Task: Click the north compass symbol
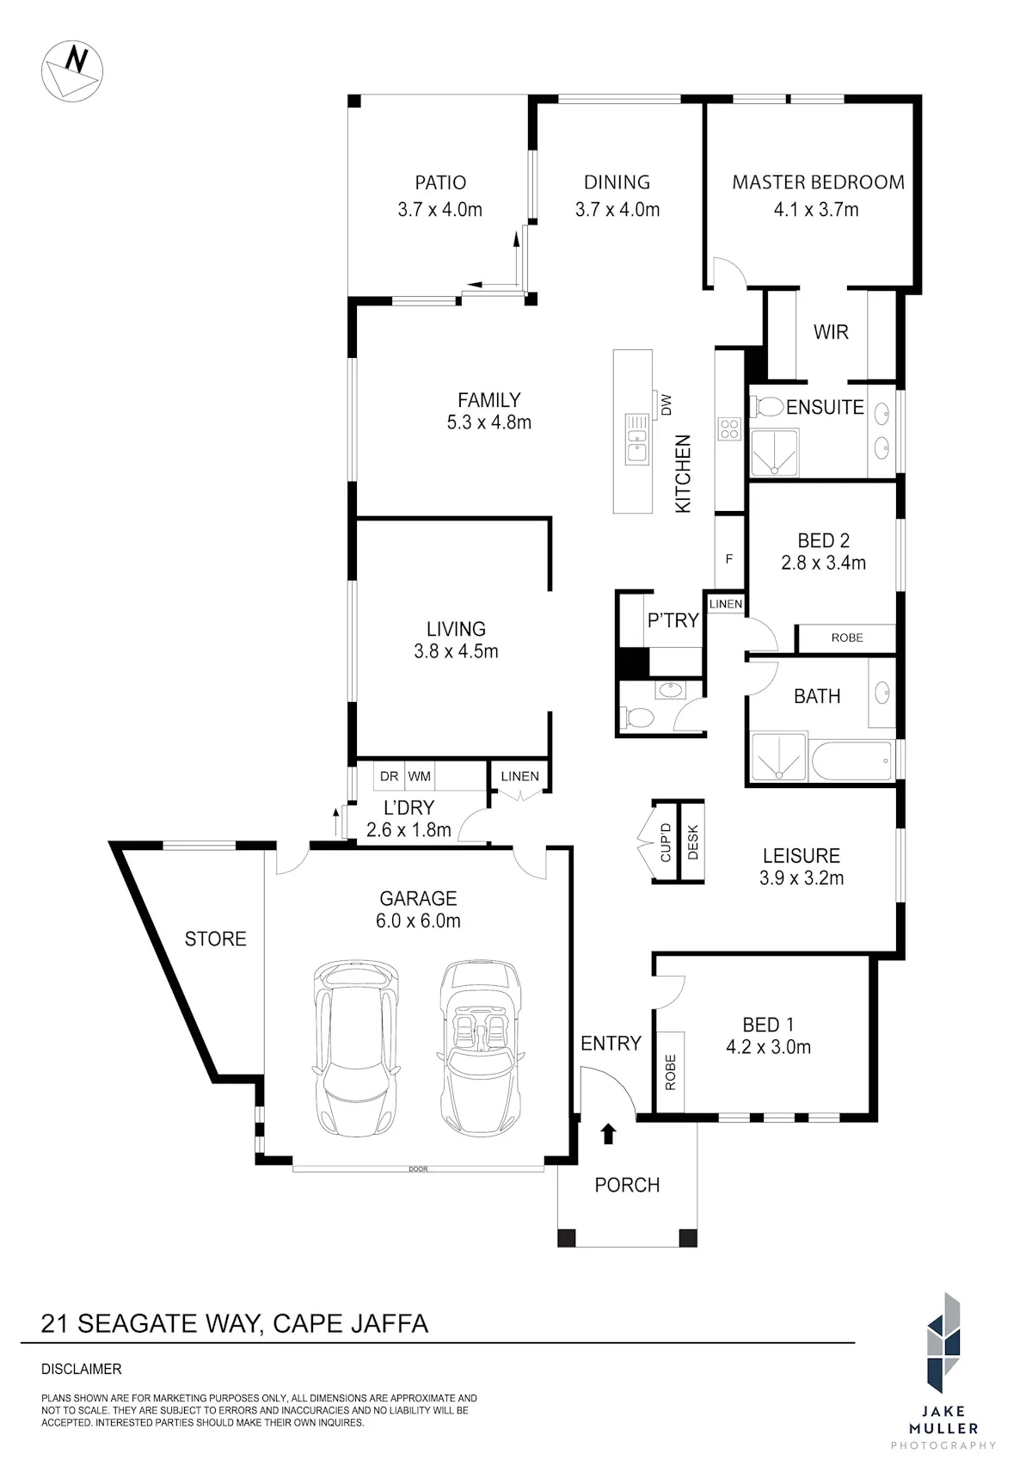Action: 71,71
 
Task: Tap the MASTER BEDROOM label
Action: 819,182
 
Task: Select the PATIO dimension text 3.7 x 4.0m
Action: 439,209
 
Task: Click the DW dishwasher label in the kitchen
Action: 666,405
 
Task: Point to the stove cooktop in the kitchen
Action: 729,428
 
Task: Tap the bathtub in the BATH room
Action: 851,760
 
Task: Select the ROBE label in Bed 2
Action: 847,638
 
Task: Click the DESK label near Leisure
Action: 692,842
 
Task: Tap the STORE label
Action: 215,939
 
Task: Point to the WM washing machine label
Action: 419,776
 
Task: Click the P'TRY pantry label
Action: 673,619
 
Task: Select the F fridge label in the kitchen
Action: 729,558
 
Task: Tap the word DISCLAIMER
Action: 82,1370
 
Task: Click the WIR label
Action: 831,332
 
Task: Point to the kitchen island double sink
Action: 636,439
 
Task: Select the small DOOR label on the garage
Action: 418,1168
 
